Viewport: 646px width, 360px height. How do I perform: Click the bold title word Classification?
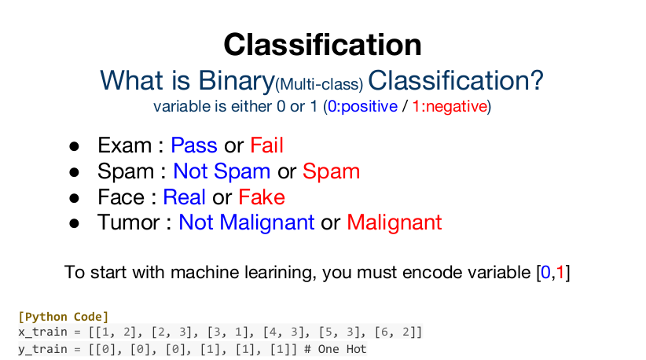(x=322, y=45)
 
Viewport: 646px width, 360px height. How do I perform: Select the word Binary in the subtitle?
(x=237, y=81)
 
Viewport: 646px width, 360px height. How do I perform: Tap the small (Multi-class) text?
(x=319, y=84)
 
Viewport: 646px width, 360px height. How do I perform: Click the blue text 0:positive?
(x=362, y=106)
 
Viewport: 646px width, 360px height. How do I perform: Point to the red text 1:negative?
(x=450, y=106)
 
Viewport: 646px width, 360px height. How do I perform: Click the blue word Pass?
(x=194, y=145)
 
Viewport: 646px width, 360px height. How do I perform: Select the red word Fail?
(x=267, y=145)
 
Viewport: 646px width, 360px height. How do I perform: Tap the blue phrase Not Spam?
(x=222, y=171)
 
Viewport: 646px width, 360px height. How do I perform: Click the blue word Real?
(x=184, y=197)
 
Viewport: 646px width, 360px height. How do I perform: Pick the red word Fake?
(x=262, y=197)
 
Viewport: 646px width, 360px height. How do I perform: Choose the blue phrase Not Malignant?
(x=246, y=222)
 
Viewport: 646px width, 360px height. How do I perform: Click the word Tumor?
(x=129, y=222)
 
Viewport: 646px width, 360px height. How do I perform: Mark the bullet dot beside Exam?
(x=74, y=146)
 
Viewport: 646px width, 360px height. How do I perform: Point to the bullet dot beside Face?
(x=74, y=198)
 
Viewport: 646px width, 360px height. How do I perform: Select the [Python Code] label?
(x=63, y=317)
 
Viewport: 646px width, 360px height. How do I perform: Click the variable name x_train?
(x=42, y=332)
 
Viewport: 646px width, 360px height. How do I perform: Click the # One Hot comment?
(x=336, y=349)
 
